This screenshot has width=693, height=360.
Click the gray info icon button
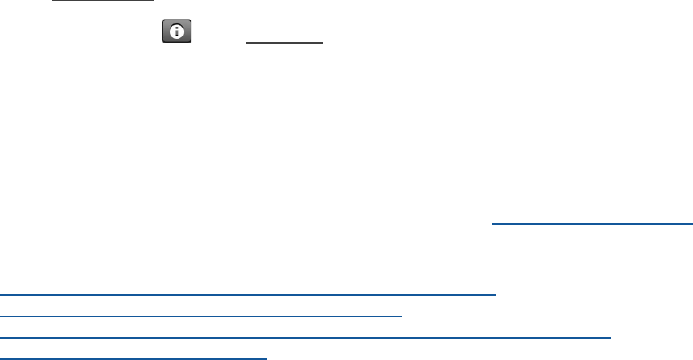pyautogui.click(x=177, y=33)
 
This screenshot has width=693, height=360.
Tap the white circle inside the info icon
pyautogui.click(x=177, y=33)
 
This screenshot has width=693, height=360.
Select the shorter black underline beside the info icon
pyautogui.click(x=283, y=43)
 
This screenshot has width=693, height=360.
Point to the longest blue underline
pyautogui.click(x=307, y=337)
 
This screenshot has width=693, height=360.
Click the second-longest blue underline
pyautogui.click(x=248, y=292)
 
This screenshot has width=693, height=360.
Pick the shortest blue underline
pyautogui.click(x=592, y=225)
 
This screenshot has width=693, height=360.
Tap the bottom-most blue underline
pyautogui.click(x=134, y=358)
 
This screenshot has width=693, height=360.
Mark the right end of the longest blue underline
pyautogui.click(x=612, y=337)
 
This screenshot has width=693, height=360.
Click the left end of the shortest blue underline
pyautogui.click(x=492, y=225)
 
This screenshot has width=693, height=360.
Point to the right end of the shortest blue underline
pyautogui.click(x=691, y=225)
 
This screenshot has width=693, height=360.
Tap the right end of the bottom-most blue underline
pyautogui.click(x=267, y=358)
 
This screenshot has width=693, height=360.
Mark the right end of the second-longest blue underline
pyautogui.click(x=495, y=292)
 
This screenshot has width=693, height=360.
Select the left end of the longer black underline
pyautogui.click(x=52, y=1)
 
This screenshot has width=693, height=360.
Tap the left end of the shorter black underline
pyautogui.click(x=245, y=43)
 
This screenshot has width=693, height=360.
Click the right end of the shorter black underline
pyautogui.click(x=322, y=43)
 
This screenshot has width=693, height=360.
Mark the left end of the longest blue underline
pyautogui.click(x=2, y=337)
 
